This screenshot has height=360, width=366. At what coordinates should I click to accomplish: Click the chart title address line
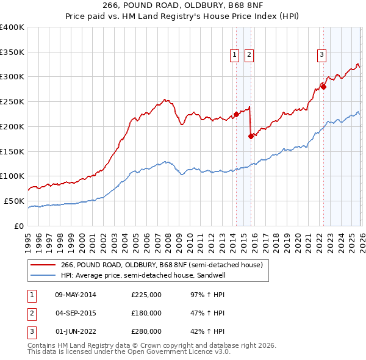coord(183,6)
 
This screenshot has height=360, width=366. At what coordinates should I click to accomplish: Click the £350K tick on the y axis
coord(12,52)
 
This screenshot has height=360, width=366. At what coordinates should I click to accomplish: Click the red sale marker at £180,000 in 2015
coord(251,136)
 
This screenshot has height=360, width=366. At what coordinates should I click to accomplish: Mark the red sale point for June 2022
coord(323,87)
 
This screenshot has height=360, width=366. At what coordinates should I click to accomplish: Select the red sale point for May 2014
coord(236,114)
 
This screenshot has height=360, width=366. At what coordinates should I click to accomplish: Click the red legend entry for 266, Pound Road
coord(162,265)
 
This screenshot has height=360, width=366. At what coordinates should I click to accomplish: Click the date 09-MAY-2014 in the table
coord(76,295)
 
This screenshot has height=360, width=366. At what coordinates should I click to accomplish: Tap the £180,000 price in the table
coord(146,313)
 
